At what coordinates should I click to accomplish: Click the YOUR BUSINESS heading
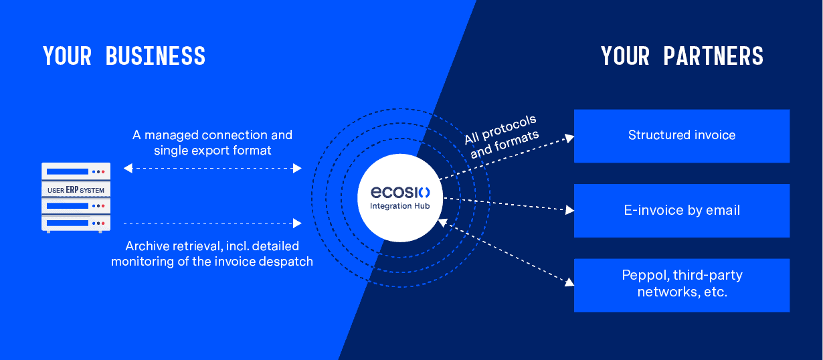tap(124, 56)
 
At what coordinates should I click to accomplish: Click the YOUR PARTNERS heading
tap(682, 56)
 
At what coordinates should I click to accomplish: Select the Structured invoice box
tap(681, 136)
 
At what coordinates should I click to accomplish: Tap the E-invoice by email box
tap(681, 211)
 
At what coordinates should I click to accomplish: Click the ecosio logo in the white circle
tap(400, 193)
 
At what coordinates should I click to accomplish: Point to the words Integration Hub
tap(400, 206)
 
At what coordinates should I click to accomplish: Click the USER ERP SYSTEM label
tap(76, 190)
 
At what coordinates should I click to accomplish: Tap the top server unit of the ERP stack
tap(76, 171)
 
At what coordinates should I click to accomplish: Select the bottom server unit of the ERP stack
tap(76, 223)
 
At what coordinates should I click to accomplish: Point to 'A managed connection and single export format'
tap(212, 143)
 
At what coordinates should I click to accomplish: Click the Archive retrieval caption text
tap(212, 254)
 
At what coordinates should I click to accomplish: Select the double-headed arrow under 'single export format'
tap(213, 169)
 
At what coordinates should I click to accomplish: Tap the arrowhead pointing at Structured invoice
tap(569, 138)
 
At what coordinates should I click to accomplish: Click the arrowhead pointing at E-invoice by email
tap(569, 210)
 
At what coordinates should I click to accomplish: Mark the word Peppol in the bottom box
tap(644, 276)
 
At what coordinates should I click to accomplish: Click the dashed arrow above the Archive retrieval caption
tap(213, 223)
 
